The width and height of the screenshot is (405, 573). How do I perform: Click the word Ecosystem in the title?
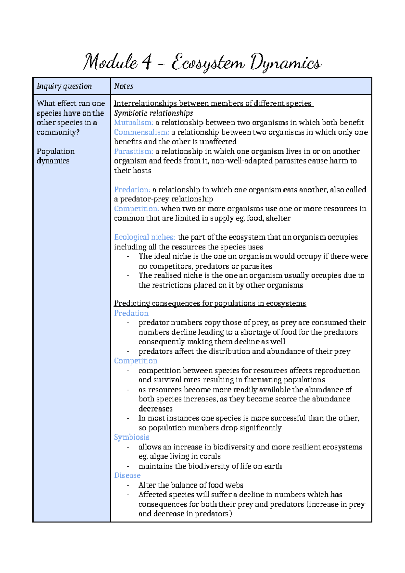208,63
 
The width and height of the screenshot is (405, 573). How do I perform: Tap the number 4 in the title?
146,63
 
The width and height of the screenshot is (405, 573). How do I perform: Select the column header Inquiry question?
64,86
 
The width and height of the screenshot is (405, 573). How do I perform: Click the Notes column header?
124,86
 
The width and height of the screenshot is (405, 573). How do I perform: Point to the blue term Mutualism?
134,122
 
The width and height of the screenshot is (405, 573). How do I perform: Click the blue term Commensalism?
141,132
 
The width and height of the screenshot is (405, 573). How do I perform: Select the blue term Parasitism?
134,151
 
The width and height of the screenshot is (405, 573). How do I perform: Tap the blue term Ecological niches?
144,237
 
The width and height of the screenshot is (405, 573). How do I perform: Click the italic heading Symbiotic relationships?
154,113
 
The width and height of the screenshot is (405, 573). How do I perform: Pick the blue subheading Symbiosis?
132,437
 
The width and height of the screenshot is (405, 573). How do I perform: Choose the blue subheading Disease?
127,475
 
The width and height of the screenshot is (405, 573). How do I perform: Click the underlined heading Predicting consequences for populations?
210,303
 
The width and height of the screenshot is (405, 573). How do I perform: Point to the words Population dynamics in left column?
56,156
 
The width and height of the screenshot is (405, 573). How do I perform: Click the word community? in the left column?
58,132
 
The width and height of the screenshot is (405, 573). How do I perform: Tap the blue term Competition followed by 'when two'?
136,209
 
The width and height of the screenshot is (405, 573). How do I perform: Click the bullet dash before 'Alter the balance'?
128,485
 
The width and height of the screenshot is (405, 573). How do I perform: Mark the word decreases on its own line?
156,408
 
